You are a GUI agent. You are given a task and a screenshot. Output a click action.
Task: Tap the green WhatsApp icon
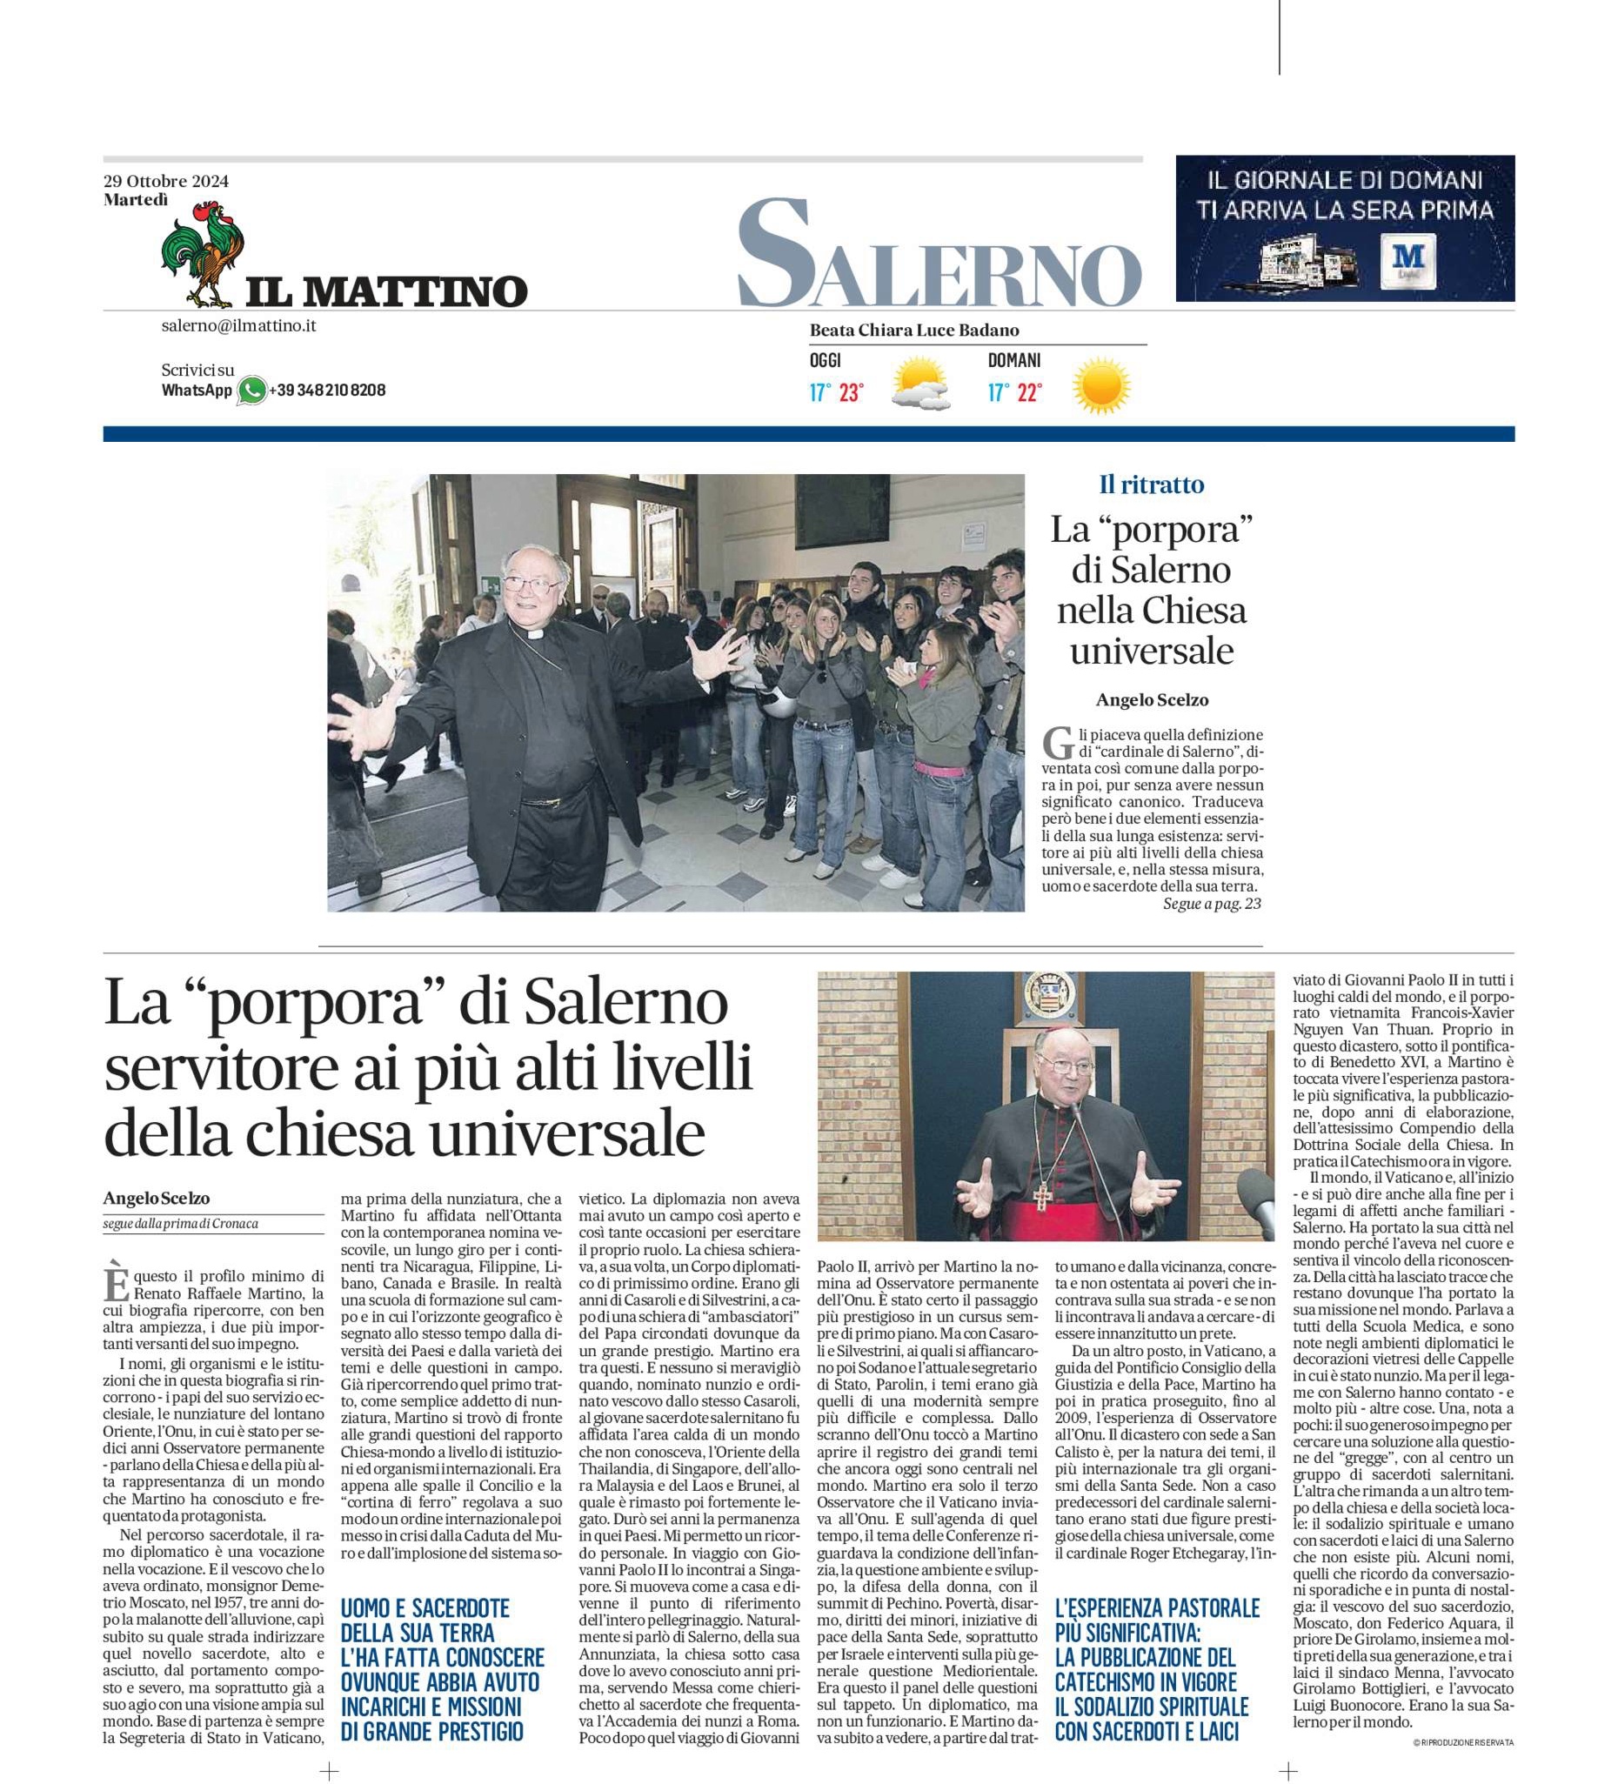[252, 391]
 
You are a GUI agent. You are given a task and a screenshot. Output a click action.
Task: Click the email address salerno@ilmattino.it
[238, 325]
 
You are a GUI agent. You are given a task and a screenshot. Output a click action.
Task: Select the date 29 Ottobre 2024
[166, 182]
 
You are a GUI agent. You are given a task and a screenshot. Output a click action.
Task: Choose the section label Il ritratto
[1151, 485]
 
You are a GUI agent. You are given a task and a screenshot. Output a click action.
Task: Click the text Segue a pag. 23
[1212, 904]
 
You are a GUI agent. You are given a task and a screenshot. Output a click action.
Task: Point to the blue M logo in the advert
[1405, 259]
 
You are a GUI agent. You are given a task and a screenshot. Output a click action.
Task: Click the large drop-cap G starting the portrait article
[1053, 741]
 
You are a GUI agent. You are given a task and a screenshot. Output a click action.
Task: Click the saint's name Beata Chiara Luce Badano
[913, 331]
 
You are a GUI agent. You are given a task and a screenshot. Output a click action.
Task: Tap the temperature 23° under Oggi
[851, 393]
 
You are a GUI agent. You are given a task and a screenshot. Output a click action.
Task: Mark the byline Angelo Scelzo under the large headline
[157, 1199]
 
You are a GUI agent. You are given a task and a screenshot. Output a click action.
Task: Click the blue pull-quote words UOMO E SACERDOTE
[425, 1608]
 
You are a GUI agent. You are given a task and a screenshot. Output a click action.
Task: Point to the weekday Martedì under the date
[136, 200]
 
